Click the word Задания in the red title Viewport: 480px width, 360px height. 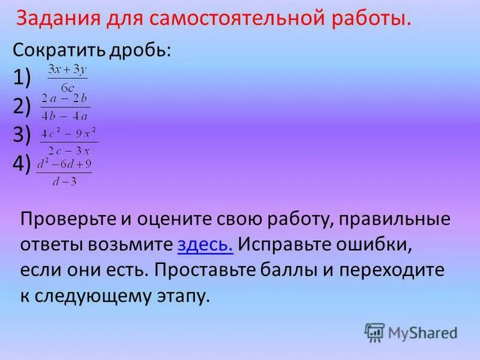coord(55,19)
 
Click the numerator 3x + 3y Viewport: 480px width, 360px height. coord(67,71)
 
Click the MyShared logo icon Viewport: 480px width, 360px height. coord(374,332)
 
